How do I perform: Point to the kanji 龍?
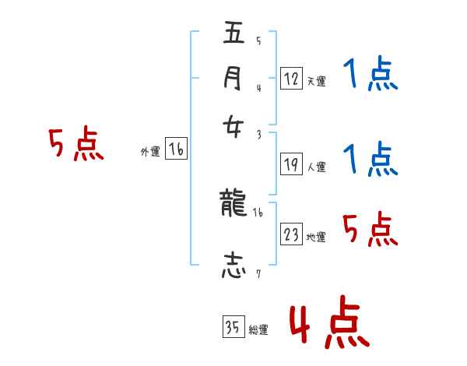pyautogui.click(x=234, y=205)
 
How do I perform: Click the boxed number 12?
pyautogui.click(x=291, y=78)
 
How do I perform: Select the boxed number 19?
pyautogui.click(x=291, y=164)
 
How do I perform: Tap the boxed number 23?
pyautogui.click(x=291, y=234)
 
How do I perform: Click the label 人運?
pyautogui.click(x=316, y=167)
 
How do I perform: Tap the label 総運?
pyautogui.click(x=258, y=330)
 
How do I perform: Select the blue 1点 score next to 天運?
pyautogui.click(x=370, y=76)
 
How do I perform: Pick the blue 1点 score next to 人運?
pyautogui.click(x=370, y=160)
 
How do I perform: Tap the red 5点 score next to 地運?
pyautogui.click(x=370, y=229)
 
